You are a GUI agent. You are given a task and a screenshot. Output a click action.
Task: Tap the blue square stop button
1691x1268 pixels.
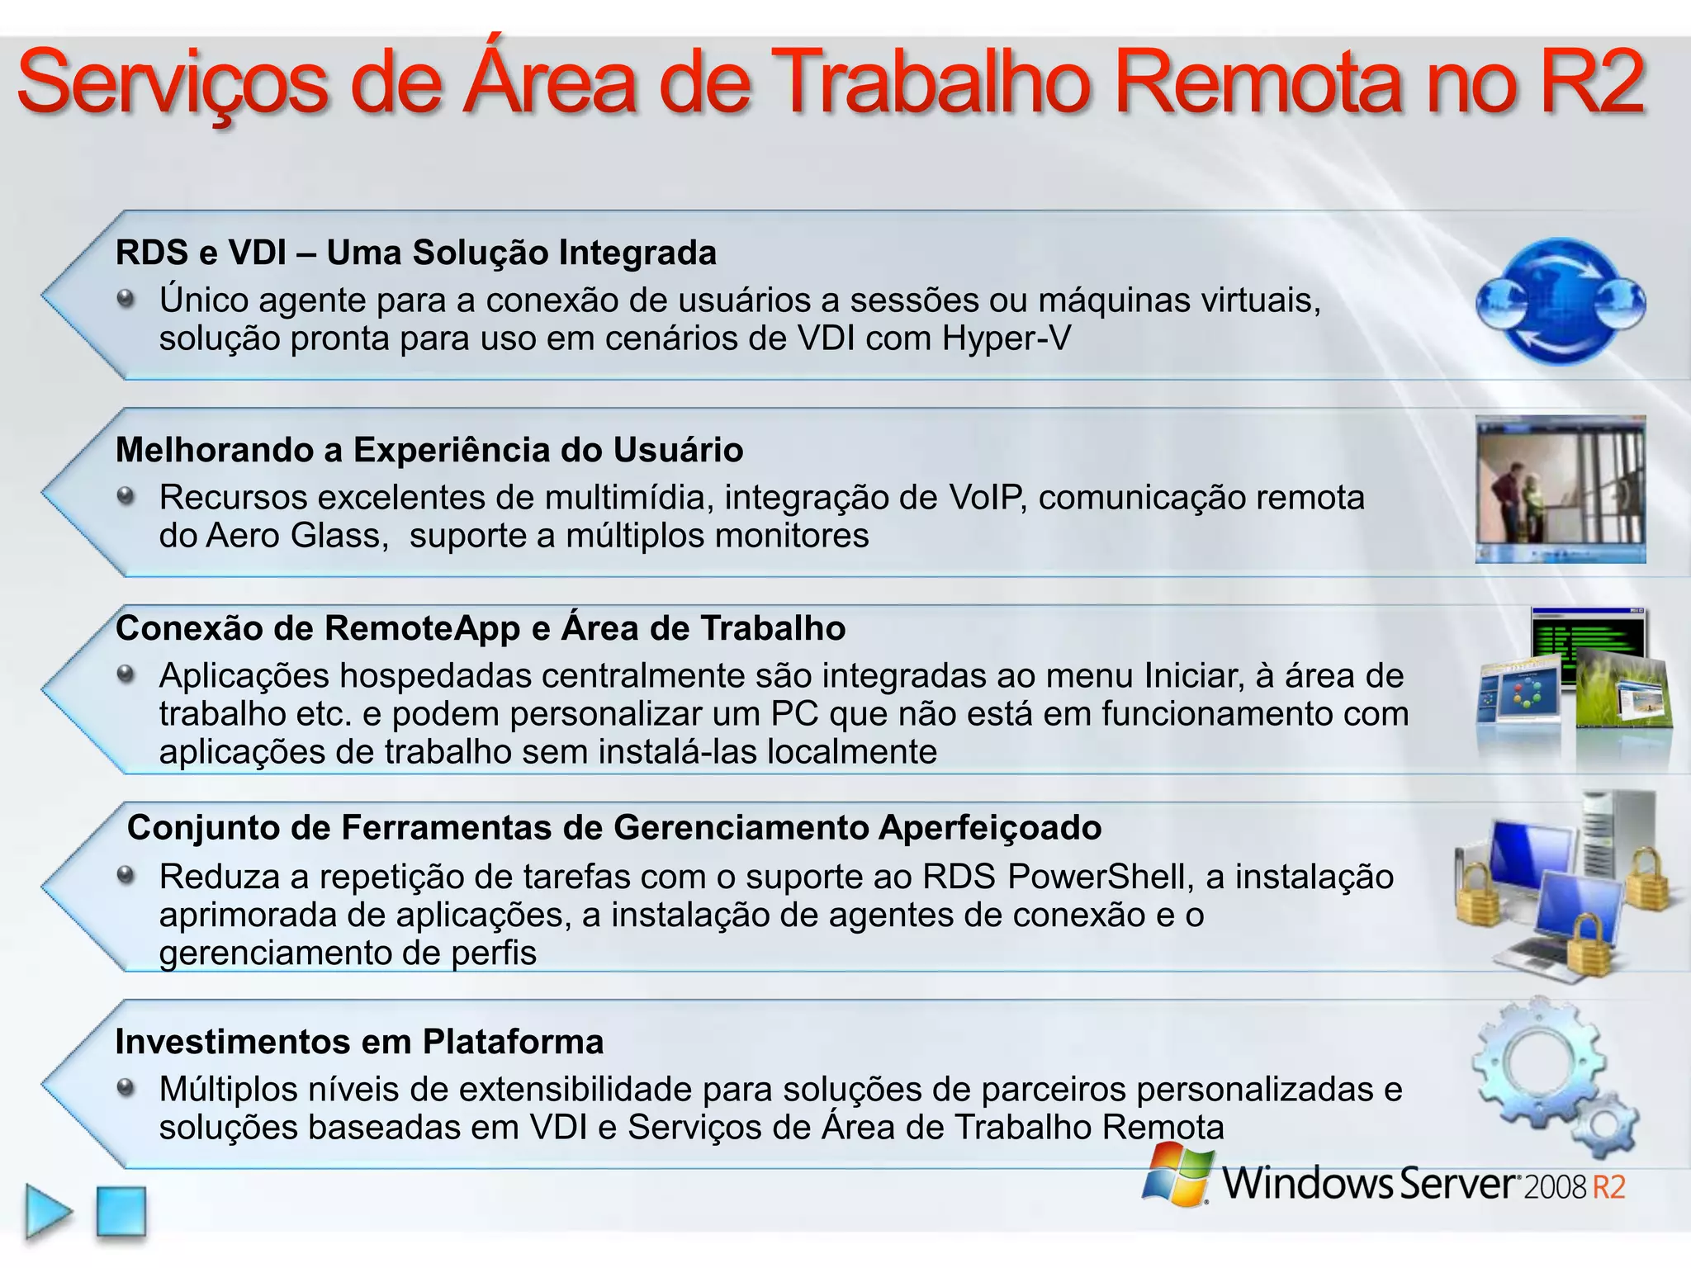point(121,1212)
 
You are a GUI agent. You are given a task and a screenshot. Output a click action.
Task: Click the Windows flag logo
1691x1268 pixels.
point(1177,1174)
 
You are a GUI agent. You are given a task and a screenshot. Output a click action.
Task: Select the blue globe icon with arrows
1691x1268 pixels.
point(1560,302)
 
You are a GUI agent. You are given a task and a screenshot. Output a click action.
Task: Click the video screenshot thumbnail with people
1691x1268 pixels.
point(1560,490)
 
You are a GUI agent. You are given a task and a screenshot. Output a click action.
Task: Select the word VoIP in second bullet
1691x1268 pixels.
point(987,498)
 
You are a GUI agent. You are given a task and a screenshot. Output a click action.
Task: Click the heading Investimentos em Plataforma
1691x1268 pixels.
point(359,1042)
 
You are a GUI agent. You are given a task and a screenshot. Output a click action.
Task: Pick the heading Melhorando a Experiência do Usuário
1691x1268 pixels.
point(429,450)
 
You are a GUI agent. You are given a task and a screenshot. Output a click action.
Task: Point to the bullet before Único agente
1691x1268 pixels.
point(126,298)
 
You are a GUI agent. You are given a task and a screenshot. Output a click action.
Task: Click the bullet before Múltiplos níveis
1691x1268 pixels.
point(126,1087)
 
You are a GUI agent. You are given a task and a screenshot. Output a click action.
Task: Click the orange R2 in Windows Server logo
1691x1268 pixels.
point(1608,1187)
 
